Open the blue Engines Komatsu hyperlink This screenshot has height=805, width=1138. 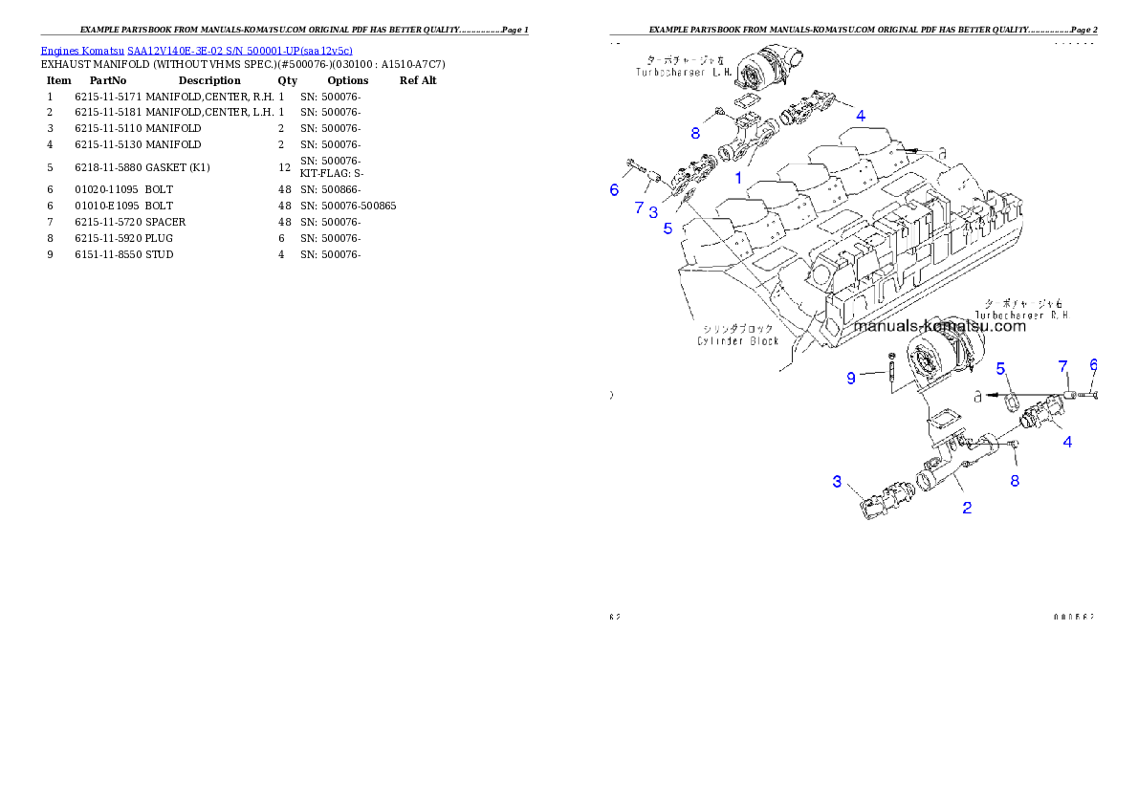(x=196, y=50)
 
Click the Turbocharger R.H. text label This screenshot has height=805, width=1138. (x=1021, y=313)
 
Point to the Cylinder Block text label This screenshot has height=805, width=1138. (x=737, y=340)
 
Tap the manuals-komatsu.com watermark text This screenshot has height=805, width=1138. (x=939, y=326)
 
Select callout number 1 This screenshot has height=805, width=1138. (x=737, y=178)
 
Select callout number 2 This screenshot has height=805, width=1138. (x=967, y=508)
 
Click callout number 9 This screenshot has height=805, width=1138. (x=850, y=378)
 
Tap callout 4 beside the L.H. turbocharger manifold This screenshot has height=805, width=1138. (x=861, y=115)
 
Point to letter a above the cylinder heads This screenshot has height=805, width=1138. (x=942, y=151)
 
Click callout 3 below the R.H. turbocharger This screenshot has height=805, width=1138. (x=837, y=481)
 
